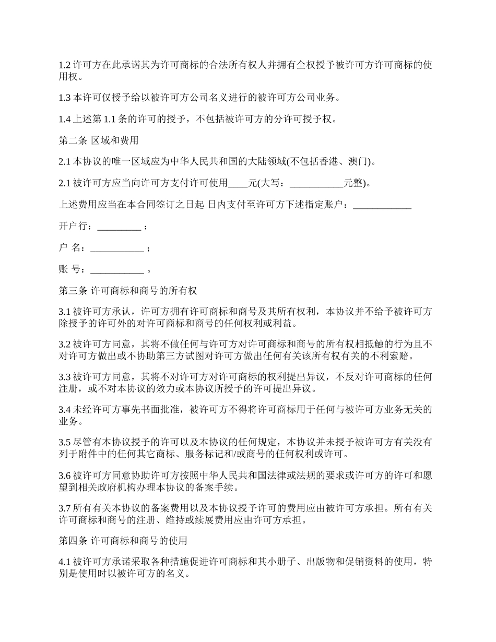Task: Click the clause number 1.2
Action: pos(64,65)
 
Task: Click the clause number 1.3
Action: pos(64,97)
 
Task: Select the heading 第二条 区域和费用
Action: pos(99,140)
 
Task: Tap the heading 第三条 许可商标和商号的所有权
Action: pos(127,290)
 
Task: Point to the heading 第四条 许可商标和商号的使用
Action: pos(123,540)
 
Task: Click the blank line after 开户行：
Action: pos(119,227)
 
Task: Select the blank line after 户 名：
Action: pos(117,248)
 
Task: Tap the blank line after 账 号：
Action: pos(117,270)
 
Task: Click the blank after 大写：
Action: pos(316,183)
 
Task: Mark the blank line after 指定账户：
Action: pos(382,205)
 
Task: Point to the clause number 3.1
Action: pos(64,312)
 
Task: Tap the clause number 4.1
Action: pos(64,562)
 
